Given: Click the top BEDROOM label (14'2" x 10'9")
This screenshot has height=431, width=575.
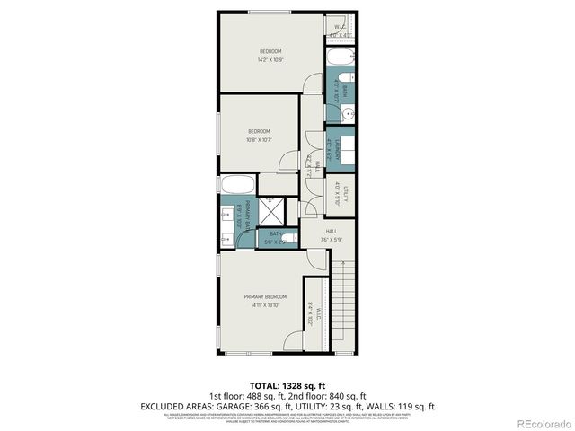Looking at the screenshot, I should point(270,50).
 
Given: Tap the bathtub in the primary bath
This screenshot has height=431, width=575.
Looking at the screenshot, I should point(237,187).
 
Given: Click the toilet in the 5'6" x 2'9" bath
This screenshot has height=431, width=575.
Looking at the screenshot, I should point(288,238).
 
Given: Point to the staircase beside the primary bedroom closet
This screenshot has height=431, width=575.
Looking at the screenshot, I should point(341,296).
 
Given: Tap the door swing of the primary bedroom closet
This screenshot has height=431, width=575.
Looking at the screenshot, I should point(294,342).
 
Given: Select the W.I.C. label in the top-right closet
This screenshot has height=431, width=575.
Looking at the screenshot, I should point(340,27).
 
